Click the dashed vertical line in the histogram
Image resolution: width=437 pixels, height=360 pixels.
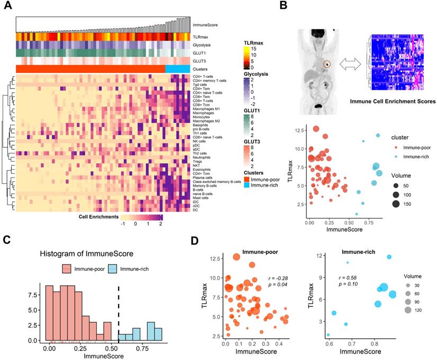(118, 313)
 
